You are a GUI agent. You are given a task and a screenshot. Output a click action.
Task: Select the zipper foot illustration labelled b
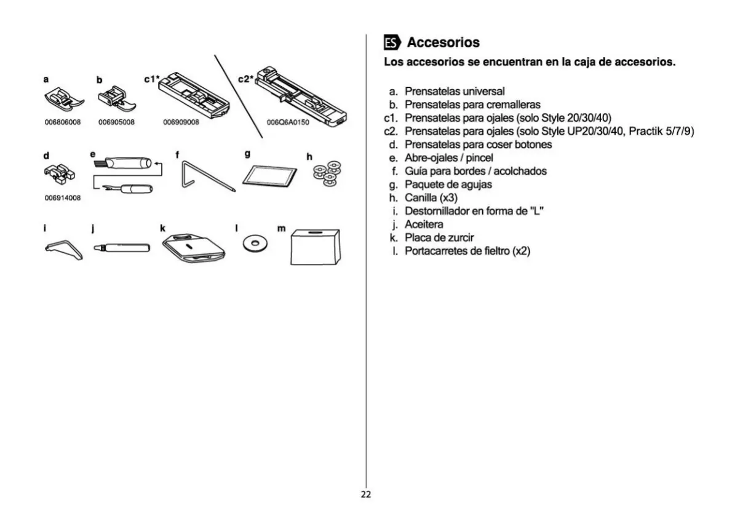[117, 100]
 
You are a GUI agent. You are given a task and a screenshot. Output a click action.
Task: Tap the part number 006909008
[181, 122]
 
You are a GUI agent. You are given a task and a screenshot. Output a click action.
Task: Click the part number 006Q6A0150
[288, 122]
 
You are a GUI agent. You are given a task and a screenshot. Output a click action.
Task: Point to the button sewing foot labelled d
[60, 173]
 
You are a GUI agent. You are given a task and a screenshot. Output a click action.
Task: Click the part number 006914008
[63, 198]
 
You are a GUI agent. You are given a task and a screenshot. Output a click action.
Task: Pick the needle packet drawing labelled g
[270, 177]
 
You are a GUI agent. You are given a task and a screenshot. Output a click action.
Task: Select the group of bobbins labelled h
[327, 173]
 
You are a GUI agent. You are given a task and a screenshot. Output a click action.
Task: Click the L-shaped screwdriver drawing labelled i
[64, 250]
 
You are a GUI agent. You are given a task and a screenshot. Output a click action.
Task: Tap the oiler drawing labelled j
[122, 247]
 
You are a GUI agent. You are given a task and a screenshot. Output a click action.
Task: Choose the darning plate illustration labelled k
[194, 248]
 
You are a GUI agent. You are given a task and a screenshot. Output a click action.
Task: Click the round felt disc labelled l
[255, 243]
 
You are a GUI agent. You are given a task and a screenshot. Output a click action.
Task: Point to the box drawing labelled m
[316, 247]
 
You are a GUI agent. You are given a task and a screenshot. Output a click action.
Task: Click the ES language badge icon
[392, 42]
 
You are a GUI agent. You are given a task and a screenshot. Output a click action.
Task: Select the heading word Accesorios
[443, 42]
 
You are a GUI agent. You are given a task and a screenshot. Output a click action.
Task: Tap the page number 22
[365, 494]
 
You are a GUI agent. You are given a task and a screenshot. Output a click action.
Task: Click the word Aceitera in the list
[424, 224]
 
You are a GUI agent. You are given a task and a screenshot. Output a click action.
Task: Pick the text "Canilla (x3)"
[431, 198]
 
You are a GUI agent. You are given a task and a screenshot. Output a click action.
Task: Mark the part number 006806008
[63, 122]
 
